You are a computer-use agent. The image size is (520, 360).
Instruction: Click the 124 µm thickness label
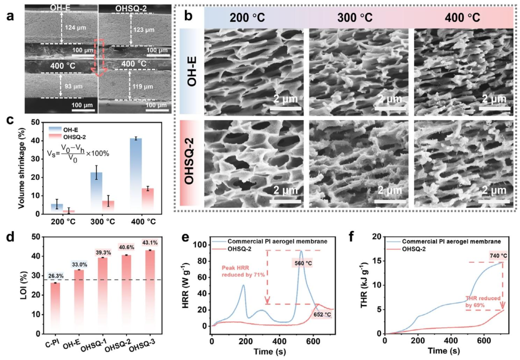(x=75, y=28)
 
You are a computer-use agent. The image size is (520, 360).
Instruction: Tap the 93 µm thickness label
(x=74, y=87)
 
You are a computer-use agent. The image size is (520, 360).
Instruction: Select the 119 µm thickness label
(x=143, y=87)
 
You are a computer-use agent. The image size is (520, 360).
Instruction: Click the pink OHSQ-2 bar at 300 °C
(x=108, y=207)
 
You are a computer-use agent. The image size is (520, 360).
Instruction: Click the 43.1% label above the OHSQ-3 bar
(x=150, y=243)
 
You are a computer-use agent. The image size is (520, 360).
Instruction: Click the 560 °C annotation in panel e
(x=302, y=264)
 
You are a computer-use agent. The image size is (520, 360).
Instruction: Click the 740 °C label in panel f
(x=497, y=256)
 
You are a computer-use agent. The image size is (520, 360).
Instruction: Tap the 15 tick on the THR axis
(x=377, y=261)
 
